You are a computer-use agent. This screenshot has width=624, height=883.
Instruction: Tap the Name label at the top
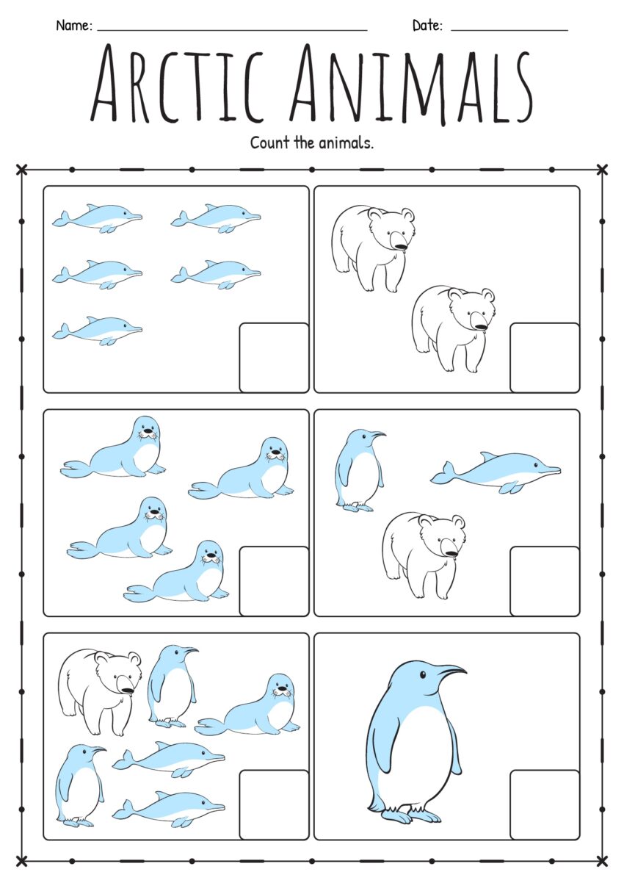(73, 26)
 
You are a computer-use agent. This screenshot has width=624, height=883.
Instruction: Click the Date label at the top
(427, 26)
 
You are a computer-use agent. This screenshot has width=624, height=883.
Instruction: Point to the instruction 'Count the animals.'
(312, 143)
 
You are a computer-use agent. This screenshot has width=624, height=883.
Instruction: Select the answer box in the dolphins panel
(274, 357)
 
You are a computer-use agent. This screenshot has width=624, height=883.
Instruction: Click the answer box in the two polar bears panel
(544, 357)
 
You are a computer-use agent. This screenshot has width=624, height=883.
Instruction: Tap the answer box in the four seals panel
(274, 580)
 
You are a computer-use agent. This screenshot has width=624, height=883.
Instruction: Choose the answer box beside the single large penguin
(544, 804)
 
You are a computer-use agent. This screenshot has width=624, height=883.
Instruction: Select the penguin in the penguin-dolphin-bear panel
(356, 470)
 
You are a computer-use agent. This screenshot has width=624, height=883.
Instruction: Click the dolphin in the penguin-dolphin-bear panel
(496, 472)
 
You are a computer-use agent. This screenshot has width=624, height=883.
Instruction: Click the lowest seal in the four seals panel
(180, 574)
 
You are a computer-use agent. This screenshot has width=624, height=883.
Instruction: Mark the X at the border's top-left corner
(21, 170)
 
